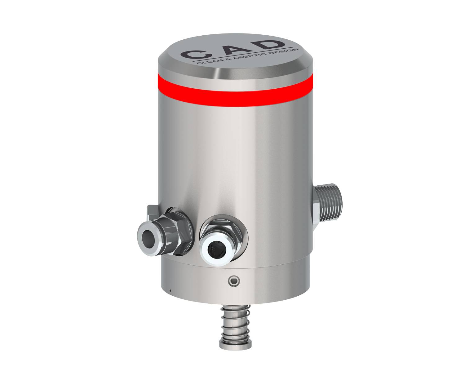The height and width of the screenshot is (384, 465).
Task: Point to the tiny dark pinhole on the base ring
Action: [x=170, y=290]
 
